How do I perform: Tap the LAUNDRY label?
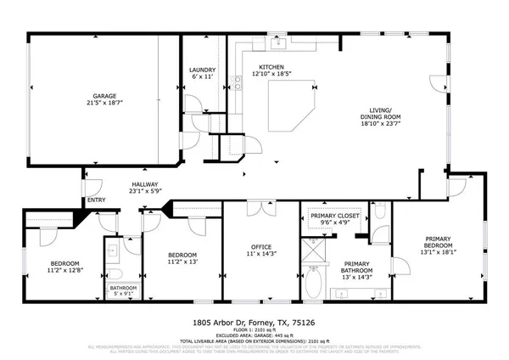click(x=202, y=70)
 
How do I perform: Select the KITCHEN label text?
click(x=271, y=67)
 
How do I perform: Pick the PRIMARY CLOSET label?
click(x=338, y=217)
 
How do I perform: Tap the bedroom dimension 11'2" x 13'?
click(x=182, y=262)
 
